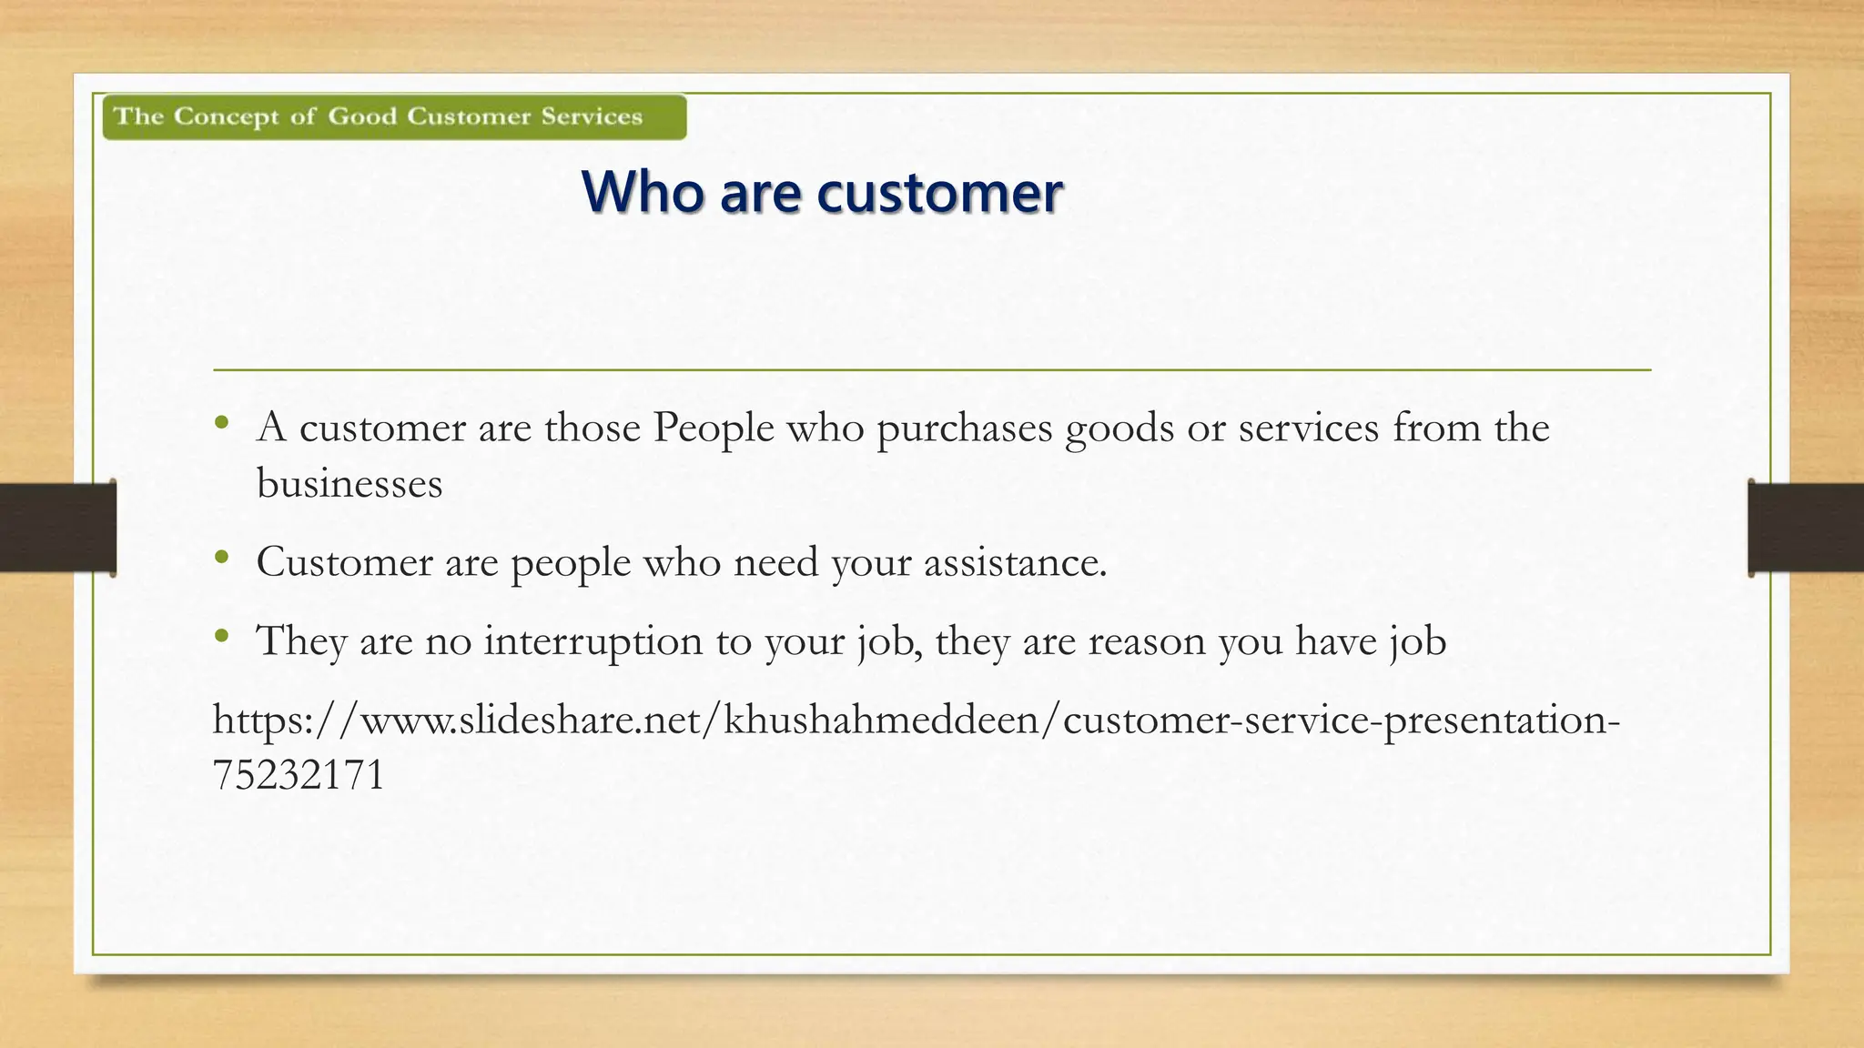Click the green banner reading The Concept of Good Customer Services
tap(394, 117)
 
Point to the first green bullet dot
tap(221, 423)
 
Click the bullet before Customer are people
tap(221, 558)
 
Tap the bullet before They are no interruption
tap(221, 637)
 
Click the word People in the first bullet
tap(713, 428)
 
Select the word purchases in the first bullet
tap(964, 428)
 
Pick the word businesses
tap(349, 483)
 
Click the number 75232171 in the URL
tap(299, 775)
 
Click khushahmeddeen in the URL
tap(881, 720)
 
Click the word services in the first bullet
tap(1308, 428)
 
